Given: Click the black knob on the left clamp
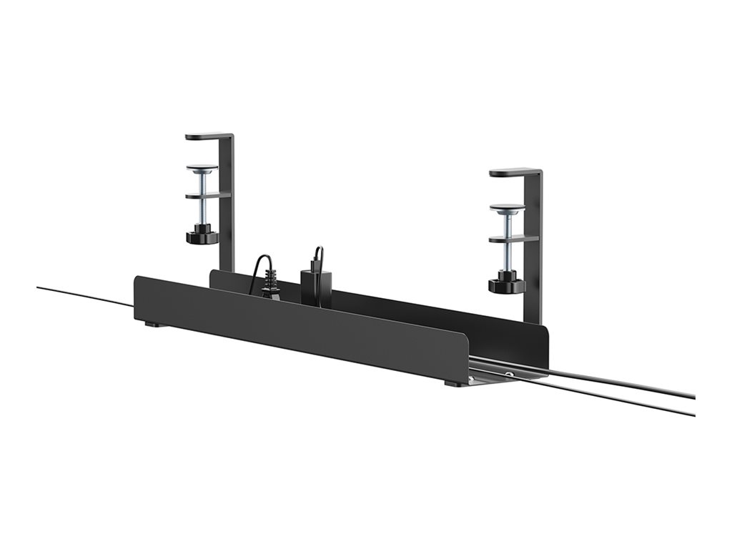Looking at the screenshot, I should [202, 235].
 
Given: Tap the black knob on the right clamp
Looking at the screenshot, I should [507, 285].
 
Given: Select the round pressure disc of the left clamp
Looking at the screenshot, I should [202, 169].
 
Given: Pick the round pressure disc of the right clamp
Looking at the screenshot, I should [507, 208].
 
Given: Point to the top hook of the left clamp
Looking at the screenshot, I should [207, 136].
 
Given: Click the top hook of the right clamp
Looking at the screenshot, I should [513, 172].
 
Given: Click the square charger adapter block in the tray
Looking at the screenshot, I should [315, 286].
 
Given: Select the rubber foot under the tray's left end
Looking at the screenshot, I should [151, 325].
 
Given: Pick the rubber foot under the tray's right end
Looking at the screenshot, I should [452, 384].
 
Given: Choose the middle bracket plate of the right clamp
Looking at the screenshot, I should [513, 239].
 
